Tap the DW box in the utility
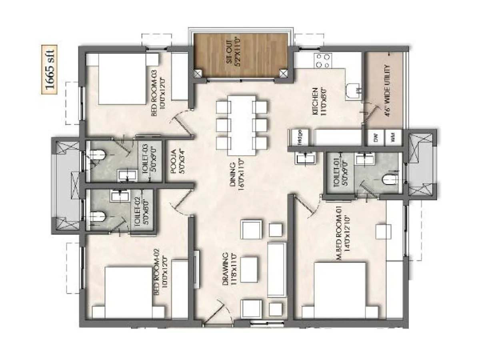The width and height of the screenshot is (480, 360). click(376, 138)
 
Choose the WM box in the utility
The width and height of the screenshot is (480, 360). click(392, 138)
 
